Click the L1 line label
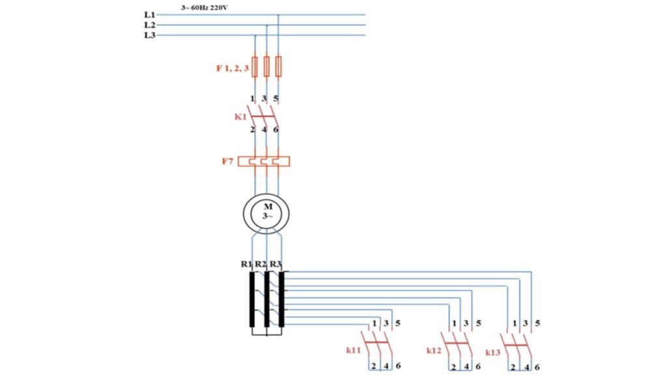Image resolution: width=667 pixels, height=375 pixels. (149, 14)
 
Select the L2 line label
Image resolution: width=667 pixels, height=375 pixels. (149, 25)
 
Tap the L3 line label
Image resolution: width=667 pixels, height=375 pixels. (149, 35)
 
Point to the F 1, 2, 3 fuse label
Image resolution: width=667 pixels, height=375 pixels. (232, 67)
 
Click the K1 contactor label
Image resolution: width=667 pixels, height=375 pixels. (240, 117)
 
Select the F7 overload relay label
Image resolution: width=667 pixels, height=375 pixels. (227, 161)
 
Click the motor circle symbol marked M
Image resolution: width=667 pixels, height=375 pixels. (266, 212)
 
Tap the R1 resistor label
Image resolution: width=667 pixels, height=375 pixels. (246, 264)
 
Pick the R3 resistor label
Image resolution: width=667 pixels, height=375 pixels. (276, 264)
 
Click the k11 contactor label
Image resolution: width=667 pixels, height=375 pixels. (354, 350)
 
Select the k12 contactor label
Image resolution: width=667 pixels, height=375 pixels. (434, 350)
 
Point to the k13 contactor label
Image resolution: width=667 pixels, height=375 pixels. (493, 352)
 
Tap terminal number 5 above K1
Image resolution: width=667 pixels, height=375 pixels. (277, 99)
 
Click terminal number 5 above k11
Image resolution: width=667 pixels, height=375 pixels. (398, 324)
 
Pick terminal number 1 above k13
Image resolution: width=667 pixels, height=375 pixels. (515, 324)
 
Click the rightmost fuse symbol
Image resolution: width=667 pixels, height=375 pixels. (279, 66)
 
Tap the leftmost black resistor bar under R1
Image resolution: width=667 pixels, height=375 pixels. (252, 299)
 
